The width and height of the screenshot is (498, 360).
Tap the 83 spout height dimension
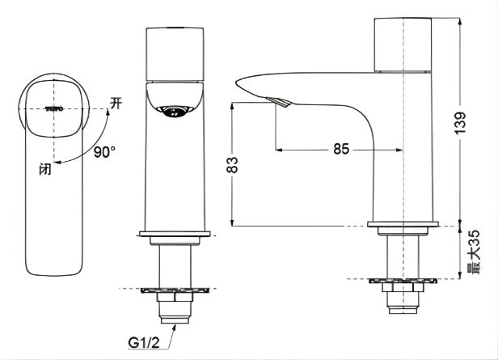click(232, 165)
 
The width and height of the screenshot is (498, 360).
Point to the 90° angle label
click(104, 151)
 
